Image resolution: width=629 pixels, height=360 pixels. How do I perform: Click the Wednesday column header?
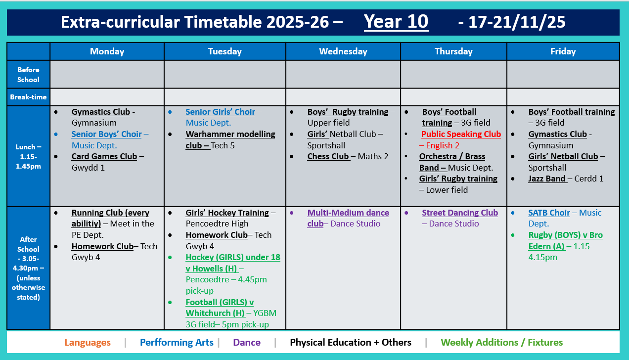(x=343, y=51)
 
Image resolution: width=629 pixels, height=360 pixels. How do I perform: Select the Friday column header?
(x=563, y=51)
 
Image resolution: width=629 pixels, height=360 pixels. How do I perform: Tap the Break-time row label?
(x=28, y=97)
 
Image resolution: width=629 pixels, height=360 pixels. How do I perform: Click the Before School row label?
(x=28, y=75)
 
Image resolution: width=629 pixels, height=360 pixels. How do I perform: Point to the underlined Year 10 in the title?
(x=396, y=22)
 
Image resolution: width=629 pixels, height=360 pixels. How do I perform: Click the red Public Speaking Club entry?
(x=461, y=135)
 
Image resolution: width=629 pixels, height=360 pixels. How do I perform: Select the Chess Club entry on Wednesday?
(x=328, y=157)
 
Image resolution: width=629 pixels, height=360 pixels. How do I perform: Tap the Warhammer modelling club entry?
(x=230, y=135)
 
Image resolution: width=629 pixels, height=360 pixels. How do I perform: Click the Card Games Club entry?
(x=104, y=157)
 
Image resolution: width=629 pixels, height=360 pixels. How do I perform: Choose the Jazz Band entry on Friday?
(x=547, y=179)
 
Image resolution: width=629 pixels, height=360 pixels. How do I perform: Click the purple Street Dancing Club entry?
(x=459, y=213)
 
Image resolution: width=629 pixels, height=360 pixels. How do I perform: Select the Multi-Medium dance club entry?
(x=348, y=213)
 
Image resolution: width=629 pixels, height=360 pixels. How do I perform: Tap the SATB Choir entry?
(x=549, y=213)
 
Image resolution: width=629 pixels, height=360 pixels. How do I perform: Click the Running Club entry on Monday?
(x=110, y=213)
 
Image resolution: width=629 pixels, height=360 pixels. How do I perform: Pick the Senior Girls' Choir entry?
(x=220, y=112)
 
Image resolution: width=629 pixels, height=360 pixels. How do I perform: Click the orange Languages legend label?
(x=88, y=342)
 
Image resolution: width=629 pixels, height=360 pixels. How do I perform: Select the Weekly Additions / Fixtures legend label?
(x=501, y=342)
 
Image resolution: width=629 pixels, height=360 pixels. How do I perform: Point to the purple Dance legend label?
(x=246, y=342)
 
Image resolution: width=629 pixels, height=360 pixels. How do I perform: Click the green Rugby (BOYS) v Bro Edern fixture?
(x=565, y=235)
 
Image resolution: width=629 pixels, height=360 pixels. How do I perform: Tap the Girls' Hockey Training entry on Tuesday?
(x=227, y=213)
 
